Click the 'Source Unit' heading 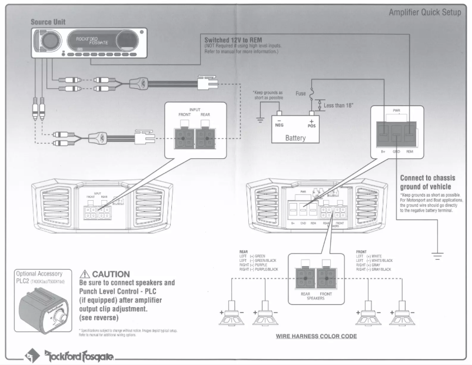coord(48,22)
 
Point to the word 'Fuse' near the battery coord(300,93)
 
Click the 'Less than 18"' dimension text coord(340,105)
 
